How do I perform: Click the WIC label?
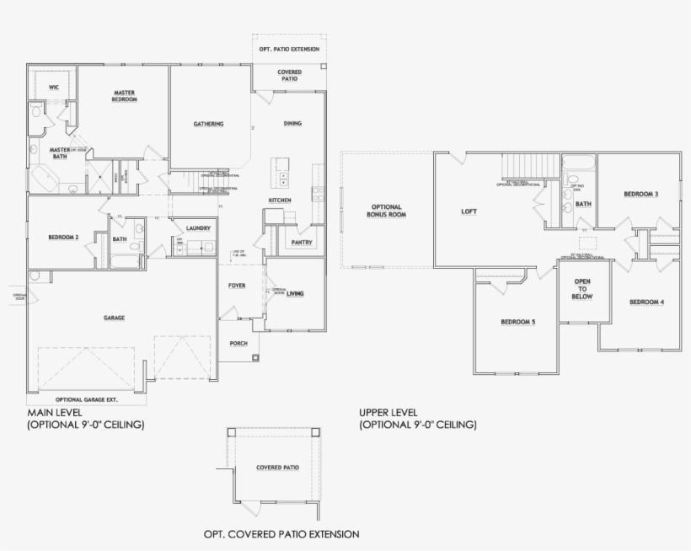tap(53, 87)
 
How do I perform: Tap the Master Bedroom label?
tap(124, 96)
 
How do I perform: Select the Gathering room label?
tap(208, 124)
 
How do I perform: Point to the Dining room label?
tap(292, 124)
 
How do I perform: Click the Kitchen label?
tap(280, 200)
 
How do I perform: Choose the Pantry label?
tap(302, 243)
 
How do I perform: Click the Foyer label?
tap(237, 286)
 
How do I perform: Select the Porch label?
tap(238, 344)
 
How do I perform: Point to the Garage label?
tap(115, 318)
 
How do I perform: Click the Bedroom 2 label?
tap(64, 238)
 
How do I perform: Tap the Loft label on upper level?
tap(469, 211)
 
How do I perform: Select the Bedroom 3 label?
tap(640, 195)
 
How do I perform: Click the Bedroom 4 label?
tap(646, 302)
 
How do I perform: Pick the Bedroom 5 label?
tap(517, 322)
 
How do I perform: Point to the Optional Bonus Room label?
tap(386, 211)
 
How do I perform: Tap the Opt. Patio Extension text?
tap(289, 50)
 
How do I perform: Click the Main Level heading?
tap(54, 413)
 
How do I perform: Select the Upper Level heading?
tap(388, 413)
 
